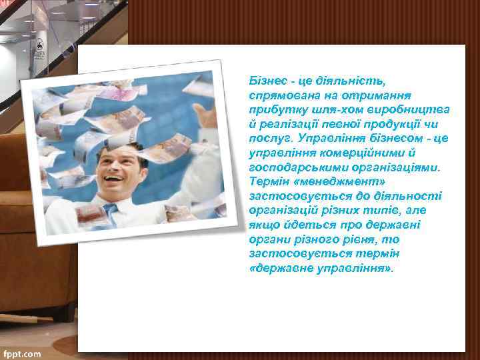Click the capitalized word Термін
pyautogui.click(x=268, y=183)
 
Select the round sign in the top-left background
pyautogui.click(x=39, y=45)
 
